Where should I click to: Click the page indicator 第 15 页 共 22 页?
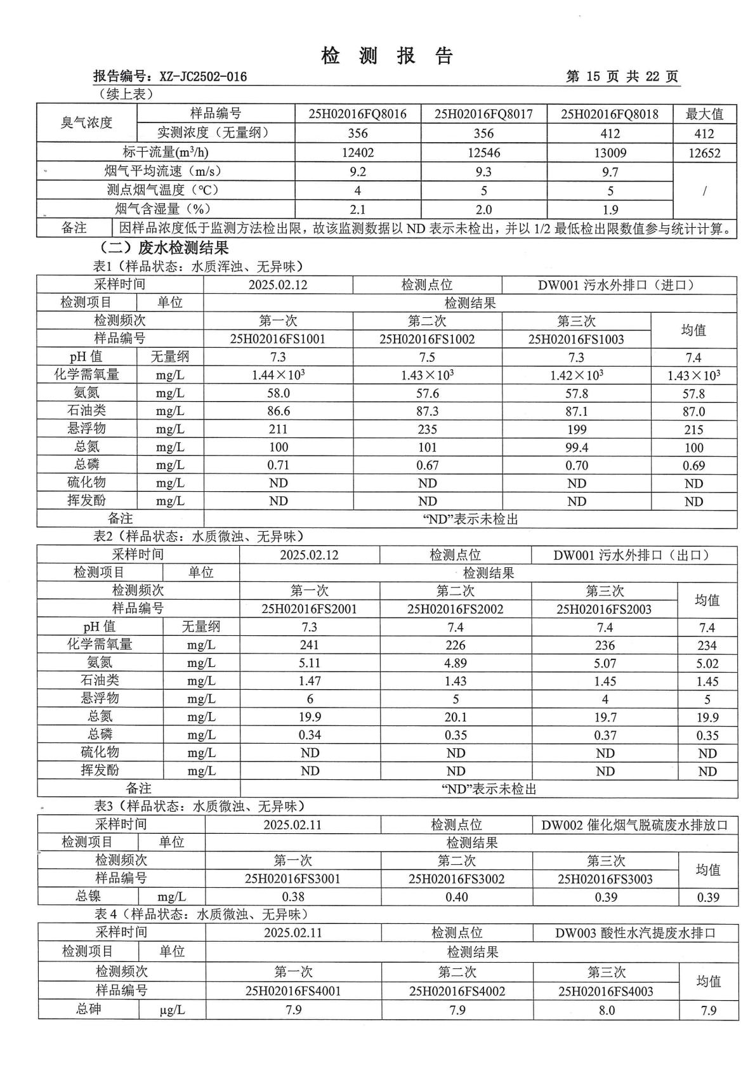(x=622, y=77)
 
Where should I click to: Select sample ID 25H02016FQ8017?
(x=483, y=114)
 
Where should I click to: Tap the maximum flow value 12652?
(x=704, y=153)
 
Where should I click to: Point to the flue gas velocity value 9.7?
(x=610, y=172)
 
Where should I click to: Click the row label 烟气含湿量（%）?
(x=163, y=209)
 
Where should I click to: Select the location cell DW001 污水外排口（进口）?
(x=618, y=285)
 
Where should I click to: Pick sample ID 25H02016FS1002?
(x=427, y=339)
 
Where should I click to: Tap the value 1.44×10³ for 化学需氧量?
(x=278, y=375)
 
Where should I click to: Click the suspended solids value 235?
(x=427, y=430)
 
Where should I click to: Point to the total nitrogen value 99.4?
(x=576, y=447)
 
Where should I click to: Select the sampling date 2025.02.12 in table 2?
(x=309, y=555)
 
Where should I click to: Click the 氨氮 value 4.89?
(x=455, y=663)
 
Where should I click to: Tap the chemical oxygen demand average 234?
(x=707, y=645)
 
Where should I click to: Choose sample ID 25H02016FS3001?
(x=292, y=879)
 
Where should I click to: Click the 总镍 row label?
(x=88, y=896)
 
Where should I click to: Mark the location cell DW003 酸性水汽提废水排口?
(x=635, y=933)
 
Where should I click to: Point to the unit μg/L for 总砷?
(x=172, y=1010)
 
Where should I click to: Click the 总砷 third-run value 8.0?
(x=606, y=1010)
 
